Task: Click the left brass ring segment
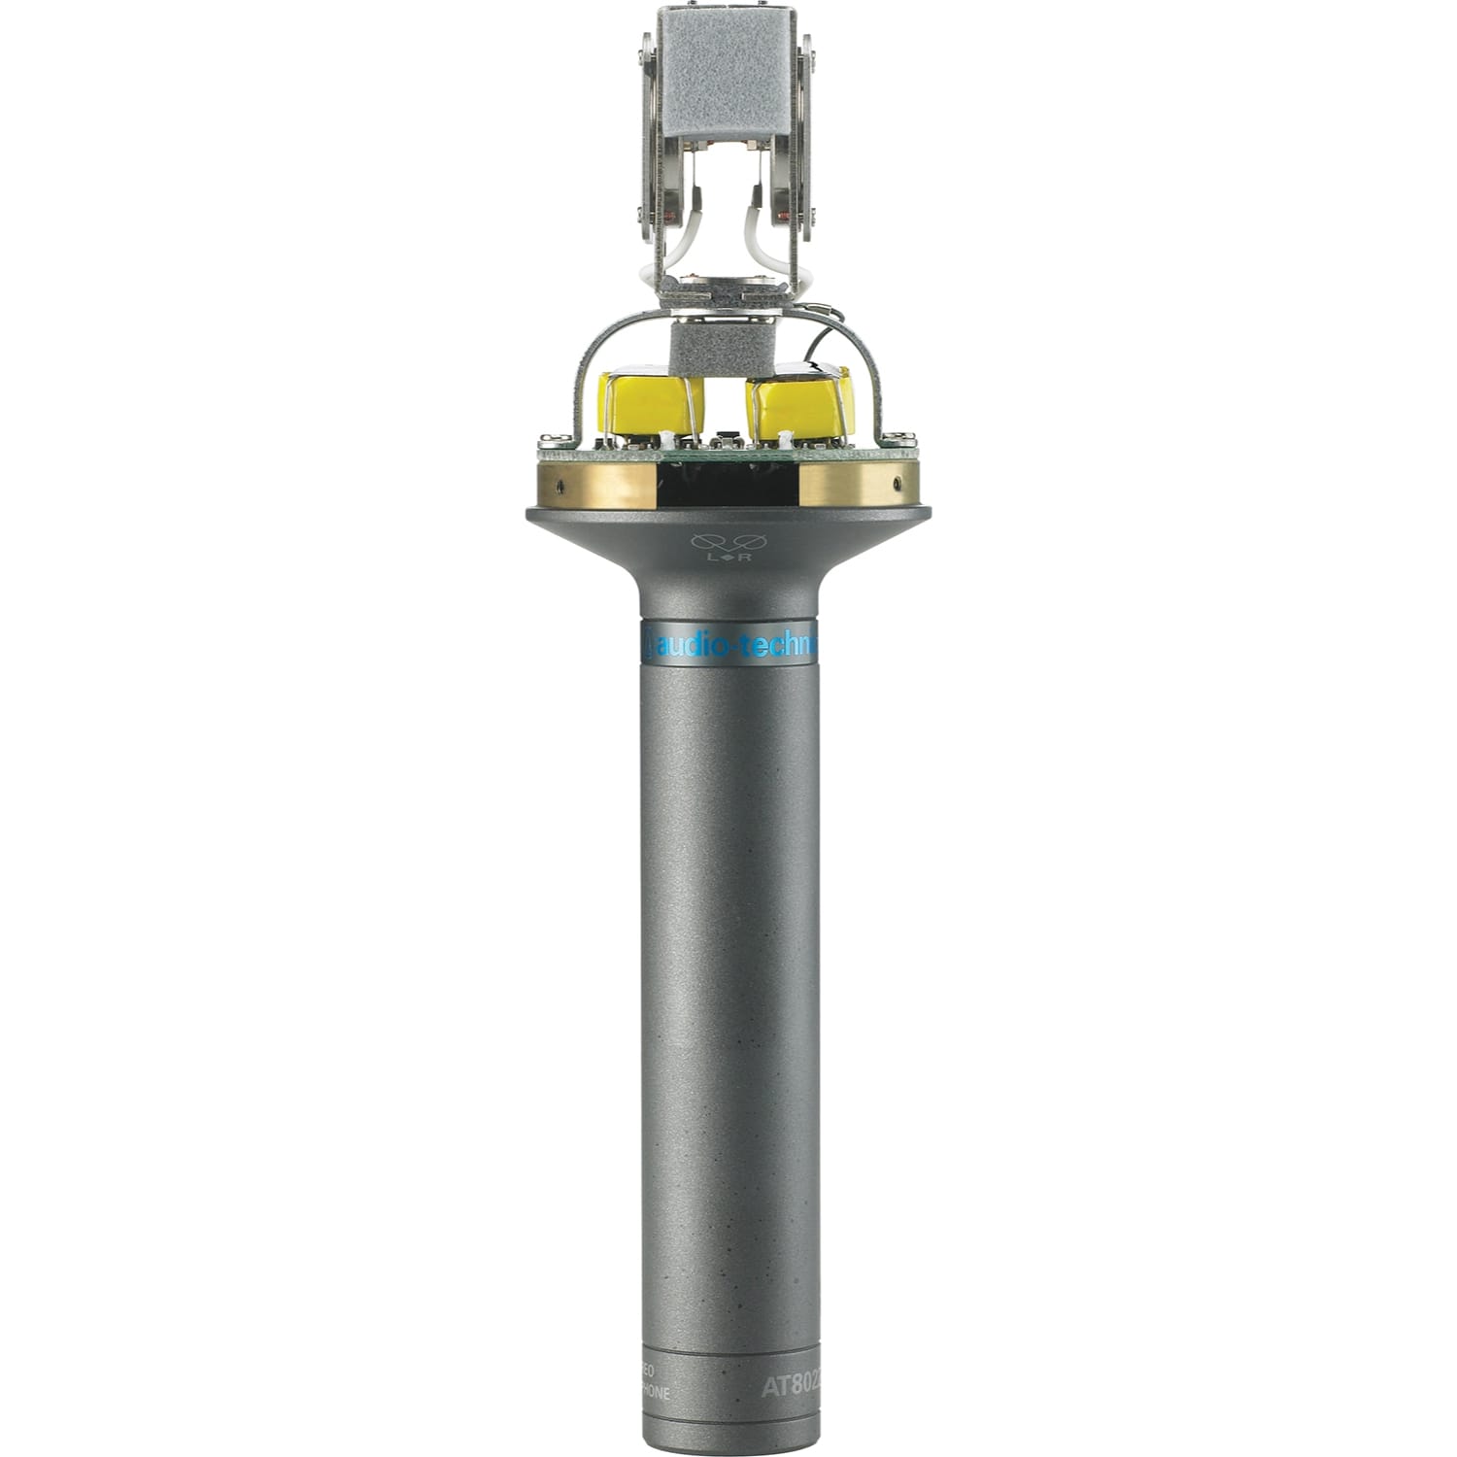pyautogui.click(x=598, y=484)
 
